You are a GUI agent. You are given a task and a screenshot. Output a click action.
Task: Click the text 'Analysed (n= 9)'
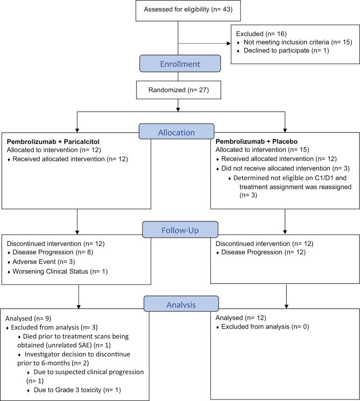28,319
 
